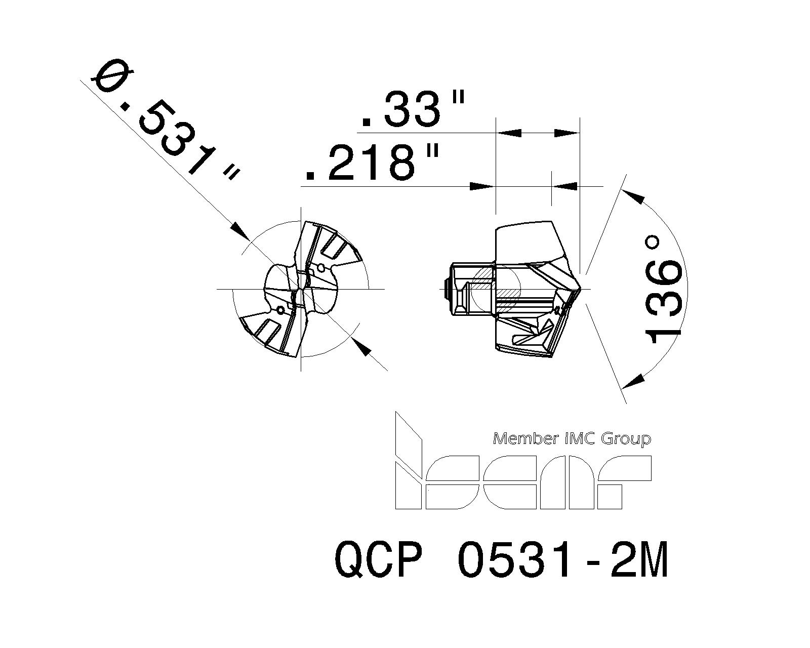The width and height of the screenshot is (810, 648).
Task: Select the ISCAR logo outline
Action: tap(521, 481)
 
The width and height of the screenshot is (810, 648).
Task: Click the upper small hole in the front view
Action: tap(320, 267)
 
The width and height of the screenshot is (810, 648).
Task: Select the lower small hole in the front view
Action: tap(280, 309)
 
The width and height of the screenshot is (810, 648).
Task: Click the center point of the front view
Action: tap(301, 289)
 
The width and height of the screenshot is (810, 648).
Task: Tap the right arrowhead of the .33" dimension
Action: tap(567, 133)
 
